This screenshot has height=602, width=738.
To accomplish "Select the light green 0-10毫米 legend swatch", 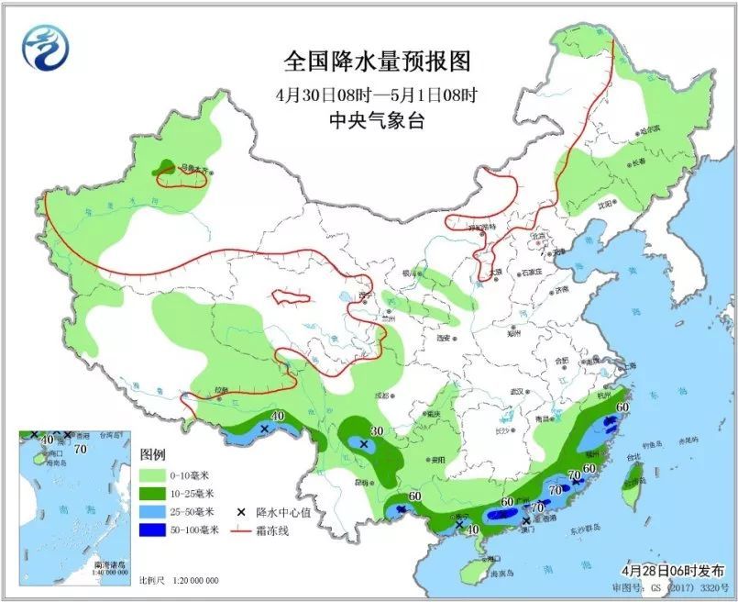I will (x=151, y=475).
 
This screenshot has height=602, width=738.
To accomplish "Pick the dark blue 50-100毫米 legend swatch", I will (x=151, y=530).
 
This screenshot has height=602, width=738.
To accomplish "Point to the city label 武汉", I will (x=517, y=392).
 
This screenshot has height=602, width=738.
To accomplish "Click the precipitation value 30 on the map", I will (x=376, y=431).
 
